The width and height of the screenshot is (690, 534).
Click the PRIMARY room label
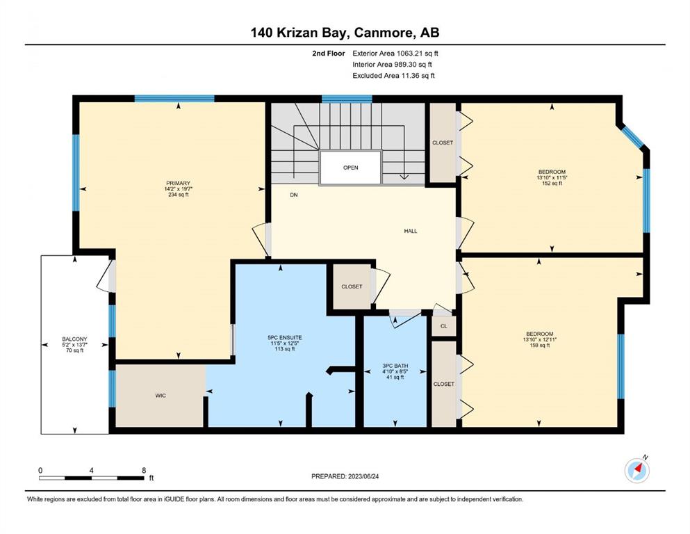[x=178, y=183]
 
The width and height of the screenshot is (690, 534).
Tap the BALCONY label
[x=74, y=339]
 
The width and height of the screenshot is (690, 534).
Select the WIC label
[x=161, y=396]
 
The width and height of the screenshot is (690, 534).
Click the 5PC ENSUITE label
[x=285, y=338]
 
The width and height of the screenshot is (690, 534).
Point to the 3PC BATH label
[x=395, y=366]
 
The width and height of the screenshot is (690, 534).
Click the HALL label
[x=411, y=231]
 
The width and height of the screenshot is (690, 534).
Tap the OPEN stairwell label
[x=351, y=168]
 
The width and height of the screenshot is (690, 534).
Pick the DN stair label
[x=294, y=195]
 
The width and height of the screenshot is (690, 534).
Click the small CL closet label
[x=443, y=326]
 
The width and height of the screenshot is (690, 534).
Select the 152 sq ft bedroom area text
[x=552, y=183]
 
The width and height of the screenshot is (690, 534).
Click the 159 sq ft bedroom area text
[x=539, y=345]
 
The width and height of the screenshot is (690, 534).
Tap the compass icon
[x=637, y=471]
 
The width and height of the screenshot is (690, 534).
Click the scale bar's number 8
[x=144, y=470]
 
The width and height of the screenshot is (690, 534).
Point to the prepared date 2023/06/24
[x=363, y=476]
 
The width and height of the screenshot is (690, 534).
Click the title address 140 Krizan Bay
[x=300, y=33]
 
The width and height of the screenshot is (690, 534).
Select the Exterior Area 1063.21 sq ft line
[x=395, y=54]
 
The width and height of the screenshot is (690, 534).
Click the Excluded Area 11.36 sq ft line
[x=393, y=75]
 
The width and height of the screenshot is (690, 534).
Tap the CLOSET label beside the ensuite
[x=352, y=286]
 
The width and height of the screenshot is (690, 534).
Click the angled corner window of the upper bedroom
[x=632, y=136]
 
